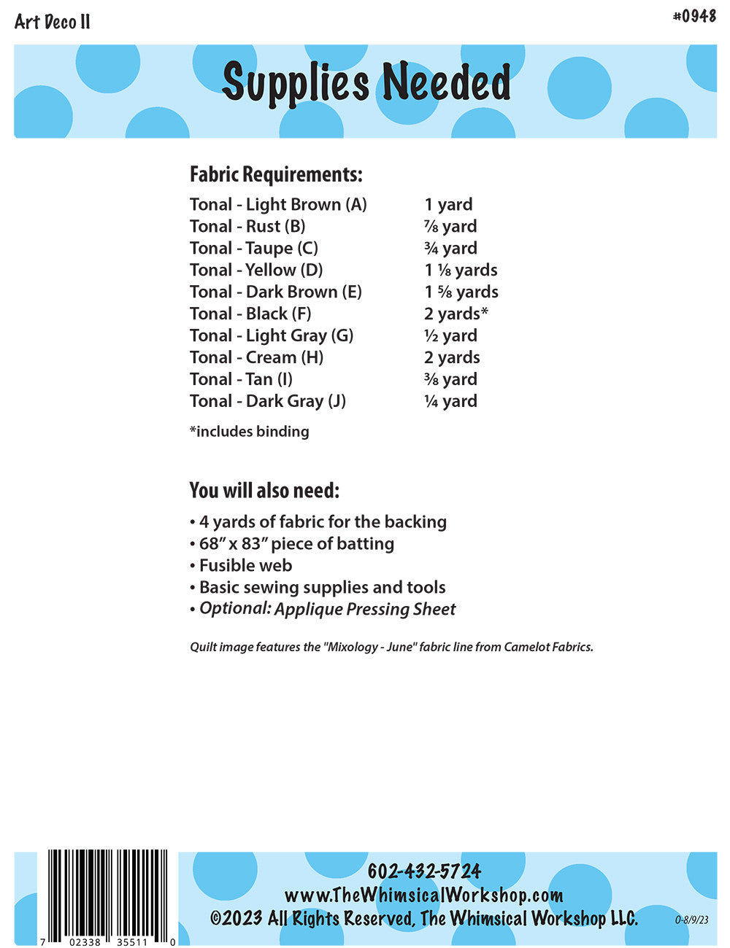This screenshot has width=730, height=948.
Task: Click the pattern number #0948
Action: pos(694,16)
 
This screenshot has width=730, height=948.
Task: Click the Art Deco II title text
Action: pos(53,22)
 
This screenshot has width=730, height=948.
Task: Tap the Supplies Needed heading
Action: pos(366,82)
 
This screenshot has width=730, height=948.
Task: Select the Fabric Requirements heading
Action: pos(276,175)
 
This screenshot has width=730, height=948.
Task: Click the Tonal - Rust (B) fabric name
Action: pos(247,226)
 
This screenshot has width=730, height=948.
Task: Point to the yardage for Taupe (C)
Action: pos(450,248)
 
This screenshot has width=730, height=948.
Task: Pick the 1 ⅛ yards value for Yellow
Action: pos(461,270)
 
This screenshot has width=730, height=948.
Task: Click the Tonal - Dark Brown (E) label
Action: pos(276,292)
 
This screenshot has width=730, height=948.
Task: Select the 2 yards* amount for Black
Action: pos(456,314)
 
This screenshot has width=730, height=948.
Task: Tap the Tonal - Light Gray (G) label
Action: pos(272,335)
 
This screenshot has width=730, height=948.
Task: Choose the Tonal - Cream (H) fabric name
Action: pos(256,357)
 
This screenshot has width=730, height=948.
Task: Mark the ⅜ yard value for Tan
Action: pos(450,379)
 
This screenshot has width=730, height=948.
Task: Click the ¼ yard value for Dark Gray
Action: pos(450,401)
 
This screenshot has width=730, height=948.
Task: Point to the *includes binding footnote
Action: pos(250,432)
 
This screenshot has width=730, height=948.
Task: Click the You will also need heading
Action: pos(264,490)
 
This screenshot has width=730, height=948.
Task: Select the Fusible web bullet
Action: pos(245,566)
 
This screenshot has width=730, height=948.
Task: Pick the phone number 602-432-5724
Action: pos(424,871)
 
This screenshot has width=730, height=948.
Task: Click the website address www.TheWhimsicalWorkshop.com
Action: pos(423,895)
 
